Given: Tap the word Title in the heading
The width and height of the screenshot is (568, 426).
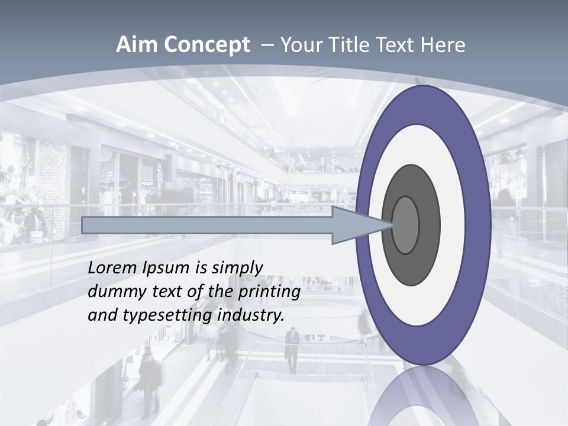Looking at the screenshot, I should click(354, 44).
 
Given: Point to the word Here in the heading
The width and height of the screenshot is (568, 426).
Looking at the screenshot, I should click(444, 44).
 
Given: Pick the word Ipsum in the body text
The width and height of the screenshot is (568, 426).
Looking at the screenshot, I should click(166, 267).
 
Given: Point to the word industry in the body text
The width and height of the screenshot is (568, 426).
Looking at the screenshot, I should click(251, 315).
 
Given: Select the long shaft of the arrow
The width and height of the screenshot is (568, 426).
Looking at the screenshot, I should click(207, 225).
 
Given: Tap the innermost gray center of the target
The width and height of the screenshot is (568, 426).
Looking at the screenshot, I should click(406, 225).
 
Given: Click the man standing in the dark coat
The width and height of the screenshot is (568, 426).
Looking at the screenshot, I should click(292, 349).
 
